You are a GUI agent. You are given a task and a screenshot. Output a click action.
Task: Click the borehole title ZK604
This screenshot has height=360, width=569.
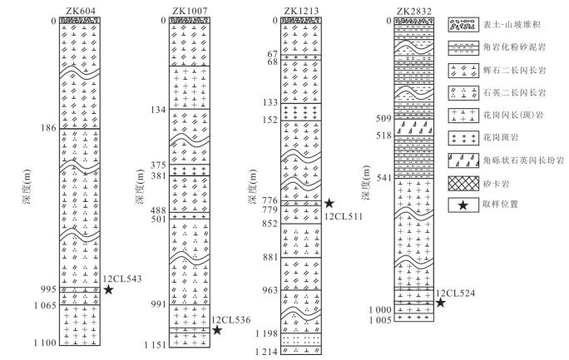click(x=81, y=11)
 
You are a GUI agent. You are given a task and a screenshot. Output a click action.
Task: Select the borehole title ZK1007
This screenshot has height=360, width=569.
click(x=190, y=11)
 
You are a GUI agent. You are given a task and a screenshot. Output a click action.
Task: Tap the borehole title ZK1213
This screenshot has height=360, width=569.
click(x=301, y=11)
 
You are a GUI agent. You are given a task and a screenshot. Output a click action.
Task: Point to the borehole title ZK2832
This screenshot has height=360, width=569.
click(x=414, y=11)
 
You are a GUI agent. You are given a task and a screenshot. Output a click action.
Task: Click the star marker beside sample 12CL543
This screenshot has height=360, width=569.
click(x=108, y=289)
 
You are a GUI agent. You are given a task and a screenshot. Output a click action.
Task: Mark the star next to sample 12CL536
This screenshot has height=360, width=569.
click(x=217, y=330)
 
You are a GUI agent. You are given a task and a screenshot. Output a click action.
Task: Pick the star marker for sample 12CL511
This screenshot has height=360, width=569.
click(x=329, y=203)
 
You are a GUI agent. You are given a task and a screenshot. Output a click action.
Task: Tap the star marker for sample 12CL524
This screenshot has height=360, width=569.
click(x=441, y=303)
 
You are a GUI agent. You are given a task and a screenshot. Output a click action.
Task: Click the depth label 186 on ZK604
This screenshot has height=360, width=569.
click(x=48, y=128)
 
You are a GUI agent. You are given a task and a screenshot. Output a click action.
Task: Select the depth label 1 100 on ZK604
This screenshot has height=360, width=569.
click(x=45, y=343)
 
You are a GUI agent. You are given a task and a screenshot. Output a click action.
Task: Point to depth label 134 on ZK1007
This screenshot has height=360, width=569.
click(x=158, y=110)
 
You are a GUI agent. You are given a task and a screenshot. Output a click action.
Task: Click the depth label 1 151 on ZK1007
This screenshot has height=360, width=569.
click(x=156, y=345)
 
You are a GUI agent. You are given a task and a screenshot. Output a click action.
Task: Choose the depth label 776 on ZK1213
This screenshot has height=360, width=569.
click(x=270, y=200)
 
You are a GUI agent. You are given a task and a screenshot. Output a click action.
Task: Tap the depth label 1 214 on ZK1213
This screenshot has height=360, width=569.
click(x=266, y=352)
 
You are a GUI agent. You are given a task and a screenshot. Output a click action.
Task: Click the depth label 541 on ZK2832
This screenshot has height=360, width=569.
click(x=384, y=178)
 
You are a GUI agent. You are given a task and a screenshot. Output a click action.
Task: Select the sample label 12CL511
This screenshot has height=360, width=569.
click(x=344, y=216)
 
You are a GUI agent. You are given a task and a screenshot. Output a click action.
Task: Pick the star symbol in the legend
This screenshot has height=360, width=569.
click(x=463, y=205)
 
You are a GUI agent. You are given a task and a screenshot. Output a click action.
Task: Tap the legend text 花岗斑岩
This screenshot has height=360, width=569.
click(x=501, y=138)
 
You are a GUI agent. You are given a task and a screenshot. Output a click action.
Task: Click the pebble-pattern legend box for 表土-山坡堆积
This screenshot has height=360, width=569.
click(x=463, y=25)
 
